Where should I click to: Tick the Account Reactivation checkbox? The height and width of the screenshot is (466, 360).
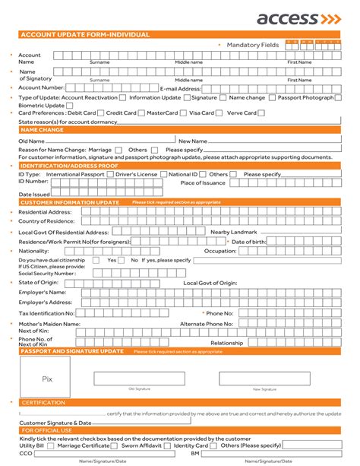click(124, 98)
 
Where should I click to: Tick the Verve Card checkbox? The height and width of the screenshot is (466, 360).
click(261, 113)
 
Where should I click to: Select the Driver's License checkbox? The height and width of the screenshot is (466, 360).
click(162, 174)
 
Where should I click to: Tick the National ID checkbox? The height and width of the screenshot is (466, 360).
click(204, 174)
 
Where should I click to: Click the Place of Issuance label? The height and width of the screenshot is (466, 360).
click(203, 183)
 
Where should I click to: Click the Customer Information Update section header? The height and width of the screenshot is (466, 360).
click(70, 203)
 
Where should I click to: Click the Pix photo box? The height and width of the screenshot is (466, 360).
click(47, 378)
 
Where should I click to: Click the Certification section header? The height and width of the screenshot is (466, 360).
click(43, 402)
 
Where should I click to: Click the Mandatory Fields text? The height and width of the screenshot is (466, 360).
click(253, 45)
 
